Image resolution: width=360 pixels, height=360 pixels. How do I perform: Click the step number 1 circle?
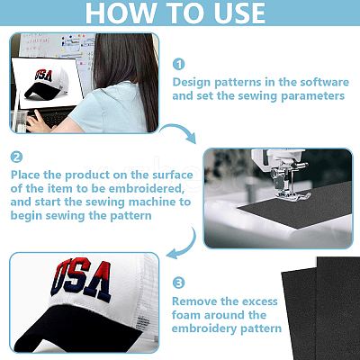[x=179, y=64]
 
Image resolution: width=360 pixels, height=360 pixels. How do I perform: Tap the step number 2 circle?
[x=16, y=157]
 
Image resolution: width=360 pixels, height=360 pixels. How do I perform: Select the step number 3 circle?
[x=179, y=283]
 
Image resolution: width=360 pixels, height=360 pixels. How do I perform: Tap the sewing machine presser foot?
[x=293, y=195]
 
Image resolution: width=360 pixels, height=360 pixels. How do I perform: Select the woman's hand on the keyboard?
[x=39, y=120]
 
